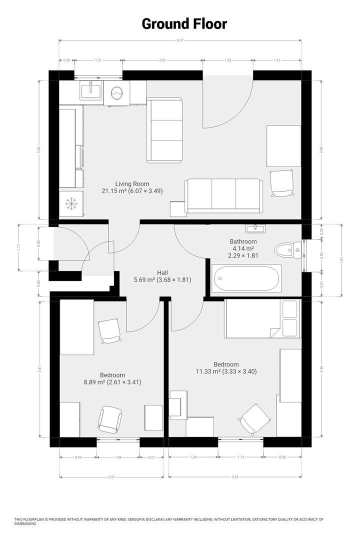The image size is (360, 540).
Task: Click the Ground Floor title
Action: click(184, 23)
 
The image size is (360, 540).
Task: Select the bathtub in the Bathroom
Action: click(246, 278)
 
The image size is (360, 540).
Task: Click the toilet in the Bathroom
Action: click(286, 249)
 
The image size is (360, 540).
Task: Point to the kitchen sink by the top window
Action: click(91, 90)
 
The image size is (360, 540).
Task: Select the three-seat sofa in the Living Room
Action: click(224, 195)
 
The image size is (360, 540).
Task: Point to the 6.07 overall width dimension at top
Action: click(180, 40)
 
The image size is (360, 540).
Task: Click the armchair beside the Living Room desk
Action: click(281, 183)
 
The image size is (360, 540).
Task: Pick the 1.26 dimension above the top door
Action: click(227, 60)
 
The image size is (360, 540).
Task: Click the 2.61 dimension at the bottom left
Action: click(111, 476)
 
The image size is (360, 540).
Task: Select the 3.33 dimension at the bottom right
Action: click(235, 476)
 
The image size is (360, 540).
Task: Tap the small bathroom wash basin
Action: click(256, 228)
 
